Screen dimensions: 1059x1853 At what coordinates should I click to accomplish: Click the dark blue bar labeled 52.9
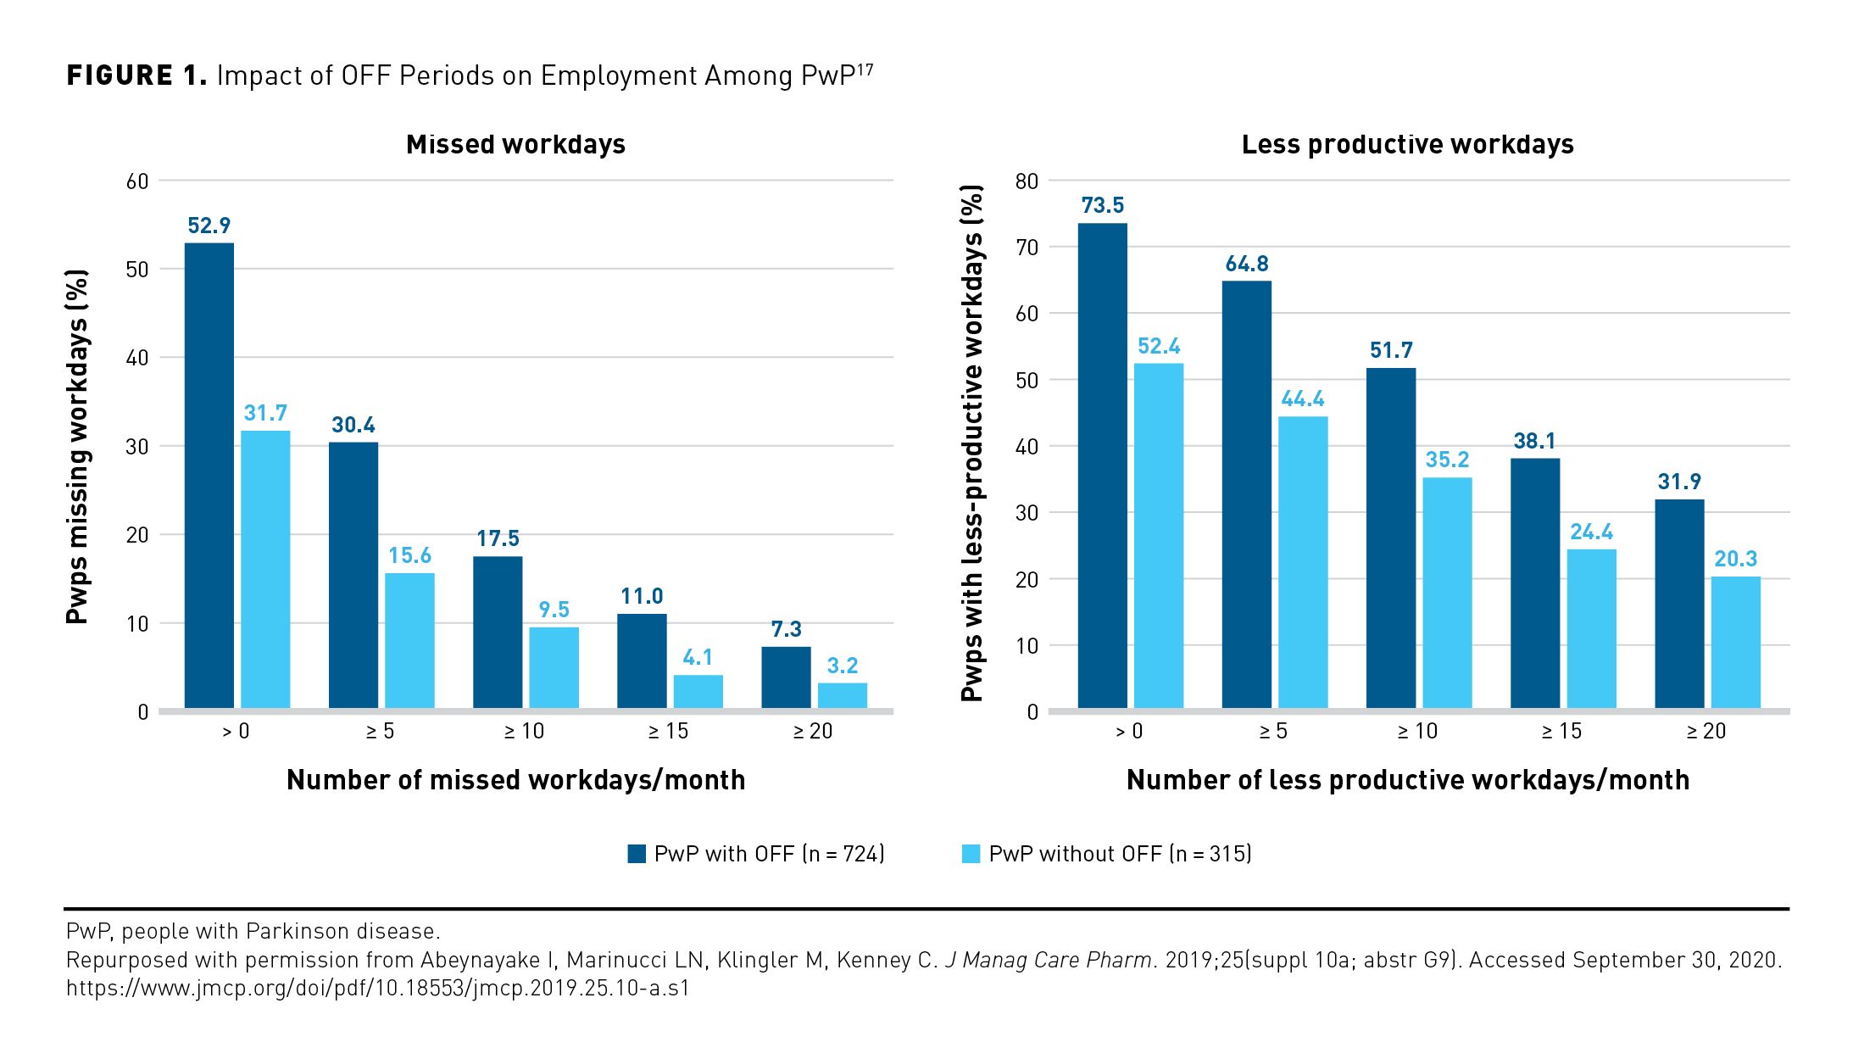pos(209,475)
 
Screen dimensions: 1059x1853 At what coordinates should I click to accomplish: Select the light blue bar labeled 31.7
pos(265,569)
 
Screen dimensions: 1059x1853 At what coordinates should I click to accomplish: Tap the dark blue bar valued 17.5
pos(498,632)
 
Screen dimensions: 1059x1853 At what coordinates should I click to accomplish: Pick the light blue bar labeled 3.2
pos(842,695)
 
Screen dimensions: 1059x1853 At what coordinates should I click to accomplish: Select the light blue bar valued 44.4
pos(1303,561)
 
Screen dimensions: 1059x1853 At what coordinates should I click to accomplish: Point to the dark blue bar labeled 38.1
pos(1534,582)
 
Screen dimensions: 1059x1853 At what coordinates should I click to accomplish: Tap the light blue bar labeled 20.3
pos(1735,642)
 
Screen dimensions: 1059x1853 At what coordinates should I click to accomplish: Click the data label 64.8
pos(1246,265)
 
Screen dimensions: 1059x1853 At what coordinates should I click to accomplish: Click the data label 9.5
pos(554,610)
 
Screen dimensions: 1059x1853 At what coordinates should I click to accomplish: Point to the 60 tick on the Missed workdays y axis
pos(137,181)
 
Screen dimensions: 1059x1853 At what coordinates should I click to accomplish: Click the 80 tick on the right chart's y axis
pos(1027,181)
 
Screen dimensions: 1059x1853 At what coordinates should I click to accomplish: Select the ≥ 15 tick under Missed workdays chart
pos(668,732)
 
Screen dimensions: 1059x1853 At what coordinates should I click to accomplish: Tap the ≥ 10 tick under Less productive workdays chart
pos(1417,732)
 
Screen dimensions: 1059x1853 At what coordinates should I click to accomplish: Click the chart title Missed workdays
pos(515,145)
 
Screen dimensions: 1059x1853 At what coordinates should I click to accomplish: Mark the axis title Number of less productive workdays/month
pos(1407,780)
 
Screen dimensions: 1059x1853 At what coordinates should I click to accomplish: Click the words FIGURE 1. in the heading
pos(136,75)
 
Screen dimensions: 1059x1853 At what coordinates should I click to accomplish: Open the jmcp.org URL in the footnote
pos(377,989)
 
